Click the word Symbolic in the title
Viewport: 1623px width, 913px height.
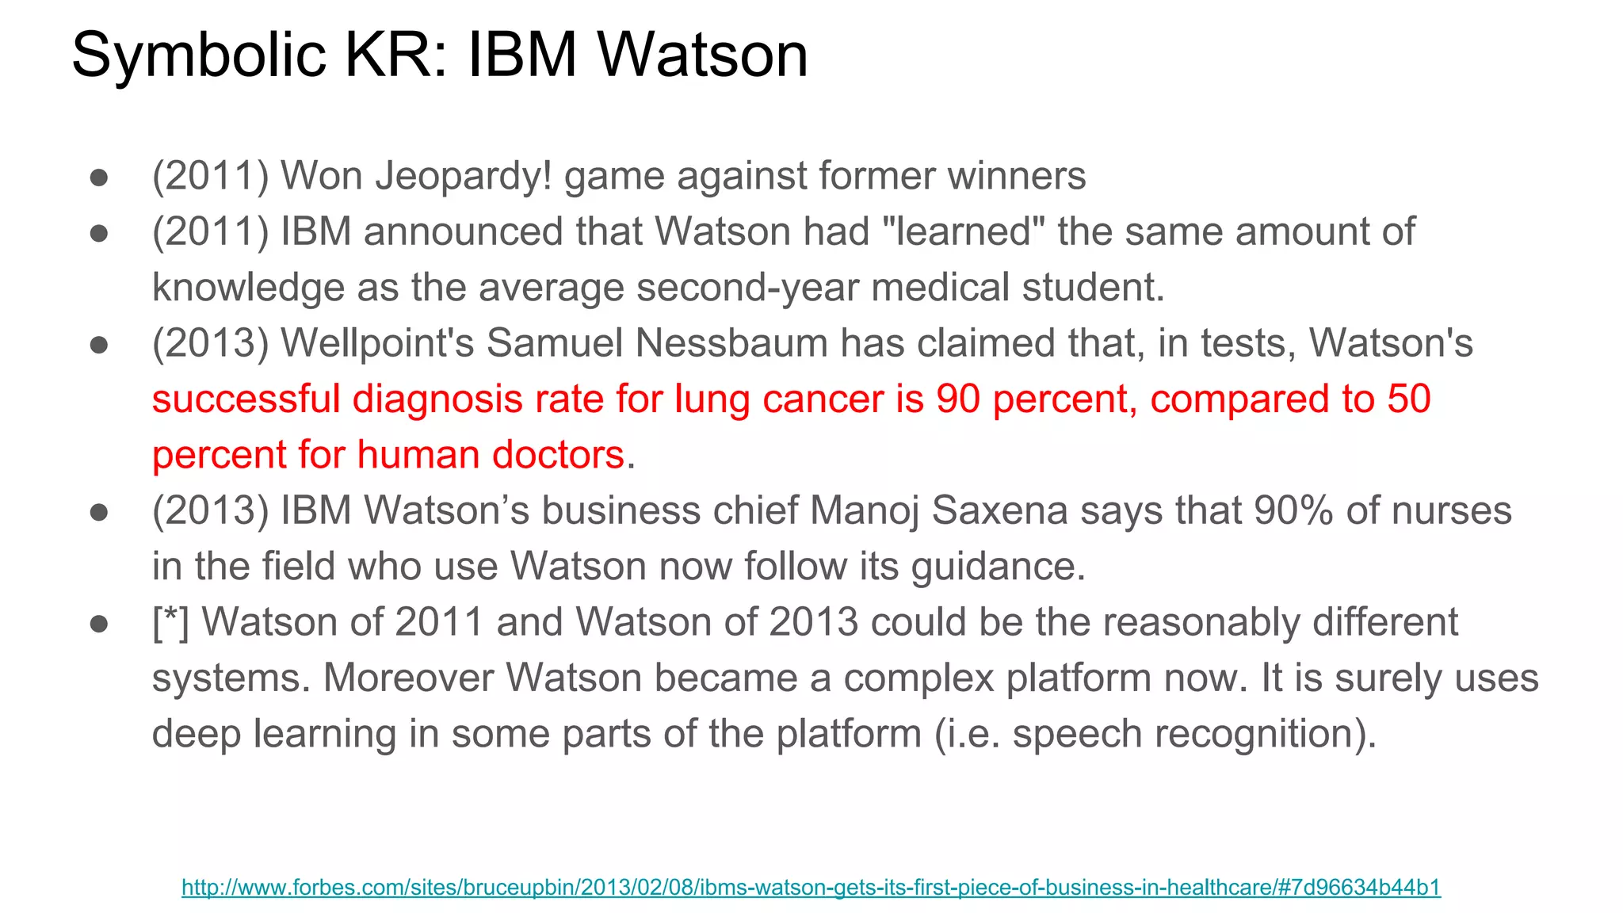point(199,55)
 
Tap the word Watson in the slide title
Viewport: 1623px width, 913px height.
point(702,55)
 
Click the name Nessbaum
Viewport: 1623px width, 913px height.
point(731,343)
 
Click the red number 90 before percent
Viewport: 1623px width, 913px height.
point(958,399)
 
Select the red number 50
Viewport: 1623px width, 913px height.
point(1409,399)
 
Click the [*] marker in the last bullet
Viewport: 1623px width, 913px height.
point(170,622)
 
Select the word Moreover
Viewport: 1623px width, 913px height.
point(408,678)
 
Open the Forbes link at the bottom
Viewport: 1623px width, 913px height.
point(811,887)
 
